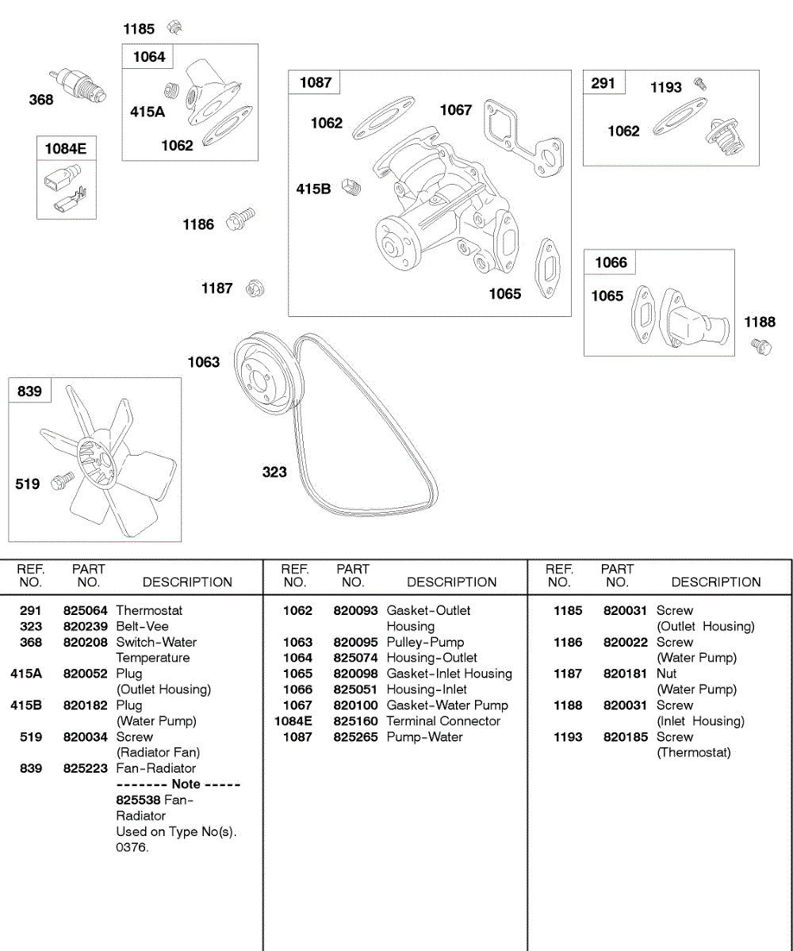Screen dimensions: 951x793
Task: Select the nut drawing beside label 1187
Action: tap(255, 288)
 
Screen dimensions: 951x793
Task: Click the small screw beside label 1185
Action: tap(174, 29)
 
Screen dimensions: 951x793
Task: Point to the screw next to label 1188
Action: tap(761, 346)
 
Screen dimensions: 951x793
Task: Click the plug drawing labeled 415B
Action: tap(351, 188)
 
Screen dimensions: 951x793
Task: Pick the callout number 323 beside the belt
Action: tap(274, 472)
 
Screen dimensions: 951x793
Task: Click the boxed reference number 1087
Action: tap(316, 82)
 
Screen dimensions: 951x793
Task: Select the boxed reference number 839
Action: tap(29, 391)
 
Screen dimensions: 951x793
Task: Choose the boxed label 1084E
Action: tap(66, 148)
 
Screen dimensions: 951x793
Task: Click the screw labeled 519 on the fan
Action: tap(62, 479)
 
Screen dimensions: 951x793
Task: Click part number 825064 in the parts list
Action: tap(85, 610)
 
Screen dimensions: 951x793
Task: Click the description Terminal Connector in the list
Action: tap(443, 721)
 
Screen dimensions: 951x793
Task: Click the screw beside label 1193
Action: tap(699, 83)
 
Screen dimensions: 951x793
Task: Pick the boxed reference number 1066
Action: tap(611, 262)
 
